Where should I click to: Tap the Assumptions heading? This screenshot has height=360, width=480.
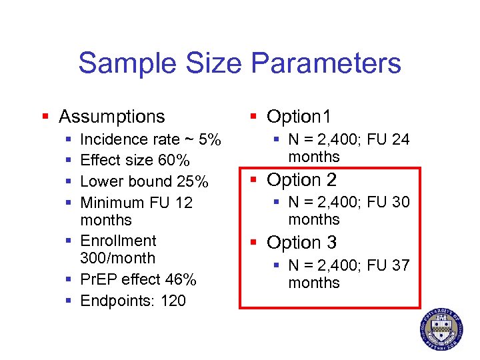(111, 117)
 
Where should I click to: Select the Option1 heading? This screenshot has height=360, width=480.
(299, 117)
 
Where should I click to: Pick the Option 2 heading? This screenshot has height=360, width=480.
(301, 180)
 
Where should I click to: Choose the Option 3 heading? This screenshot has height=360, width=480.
(301, 243)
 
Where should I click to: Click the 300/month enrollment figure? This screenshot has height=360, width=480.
(117, 258)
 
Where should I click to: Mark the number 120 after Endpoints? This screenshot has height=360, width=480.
(173, 301)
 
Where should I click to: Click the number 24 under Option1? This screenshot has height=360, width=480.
(401, 139)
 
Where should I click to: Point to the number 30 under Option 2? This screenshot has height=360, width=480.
(401, 202)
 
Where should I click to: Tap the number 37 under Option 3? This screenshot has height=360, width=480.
(401, 265)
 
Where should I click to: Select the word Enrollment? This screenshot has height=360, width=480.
(118, 241)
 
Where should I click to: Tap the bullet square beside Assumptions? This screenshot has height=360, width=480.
(45, 117)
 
